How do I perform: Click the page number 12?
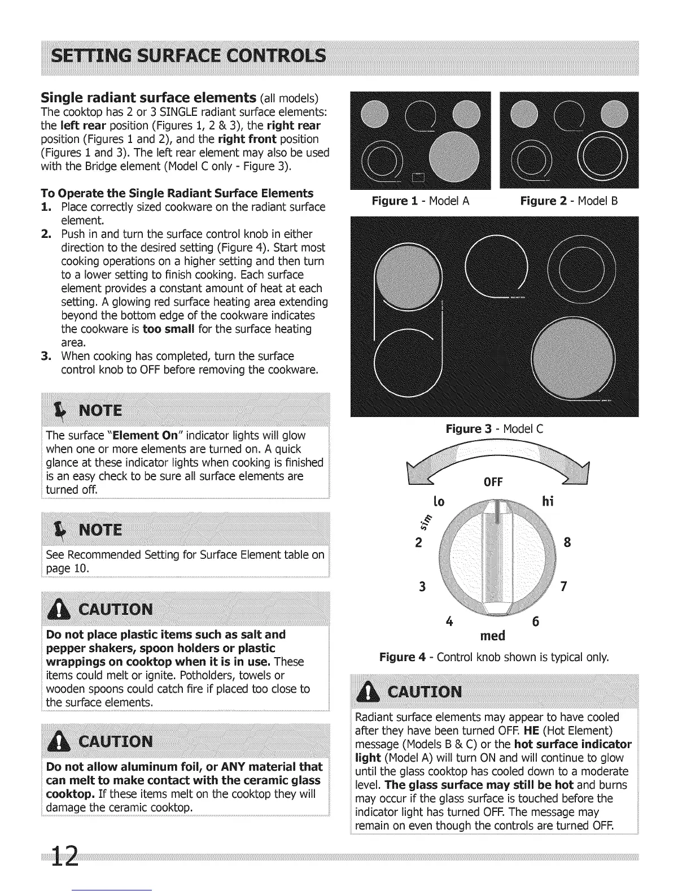tap(63, 860)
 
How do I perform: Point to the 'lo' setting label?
tap(439, 501)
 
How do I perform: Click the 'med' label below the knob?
tap(492, 636)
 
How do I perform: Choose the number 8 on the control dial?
tap(567, 543)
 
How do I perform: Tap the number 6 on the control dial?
tap(536, 622)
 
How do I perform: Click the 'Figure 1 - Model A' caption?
tap(420, 201)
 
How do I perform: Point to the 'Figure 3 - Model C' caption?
tap(494, 429)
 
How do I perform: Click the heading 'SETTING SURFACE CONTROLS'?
tap(187, 57)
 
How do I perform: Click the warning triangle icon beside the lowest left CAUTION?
tap(63, 741)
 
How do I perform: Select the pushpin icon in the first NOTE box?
tap(56, 410)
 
